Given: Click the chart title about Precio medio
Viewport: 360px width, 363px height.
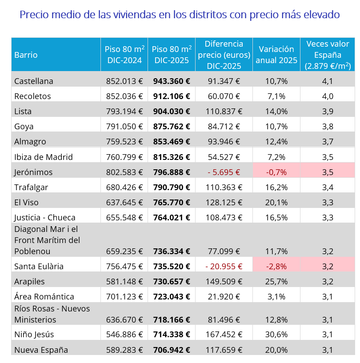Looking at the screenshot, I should [180, 15].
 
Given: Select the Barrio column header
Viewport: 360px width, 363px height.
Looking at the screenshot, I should [26, 55].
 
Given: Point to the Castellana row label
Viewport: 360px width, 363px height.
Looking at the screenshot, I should [34, 81].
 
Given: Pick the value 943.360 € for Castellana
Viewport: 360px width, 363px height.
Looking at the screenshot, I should [172, 81].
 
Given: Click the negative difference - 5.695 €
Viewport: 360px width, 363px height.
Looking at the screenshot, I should [224, 172].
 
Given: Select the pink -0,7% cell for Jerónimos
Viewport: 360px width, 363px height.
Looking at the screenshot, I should [276, 172].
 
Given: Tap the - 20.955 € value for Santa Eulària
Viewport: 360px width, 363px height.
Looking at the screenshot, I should [224, 267].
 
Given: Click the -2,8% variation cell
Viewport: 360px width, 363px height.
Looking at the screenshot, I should [276, 267].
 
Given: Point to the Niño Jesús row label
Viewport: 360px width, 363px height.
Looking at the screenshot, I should [34, 334].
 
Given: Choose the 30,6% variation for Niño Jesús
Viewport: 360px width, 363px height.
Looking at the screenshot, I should [276, 334].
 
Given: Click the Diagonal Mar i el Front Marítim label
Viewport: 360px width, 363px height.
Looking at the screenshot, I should [47, 240].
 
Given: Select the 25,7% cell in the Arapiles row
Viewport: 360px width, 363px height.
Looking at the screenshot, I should [276, 282].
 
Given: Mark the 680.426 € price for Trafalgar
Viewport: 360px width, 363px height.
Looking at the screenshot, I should [124, 187].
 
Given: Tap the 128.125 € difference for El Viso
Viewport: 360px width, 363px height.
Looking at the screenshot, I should [224, 202].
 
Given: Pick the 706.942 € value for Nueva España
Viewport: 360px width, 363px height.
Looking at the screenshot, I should [172, 350].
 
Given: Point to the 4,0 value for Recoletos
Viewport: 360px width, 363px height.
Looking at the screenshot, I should [328, 96].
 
